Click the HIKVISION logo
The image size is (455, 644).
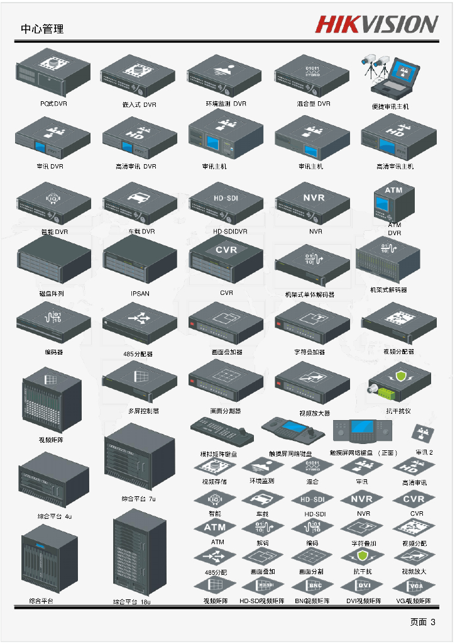click(x=376, y=25)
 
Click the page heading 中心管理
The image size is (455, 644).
click(x=42, y=29)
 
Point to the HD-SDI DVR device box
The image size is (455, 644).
click(x=226, y=203)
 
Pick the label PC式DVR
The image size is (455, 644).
click(x=53, y=104)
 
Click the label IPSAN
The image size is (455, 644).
click(x=140, y=294)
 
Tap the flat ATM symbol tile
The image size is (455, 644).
click(x=216, y=528)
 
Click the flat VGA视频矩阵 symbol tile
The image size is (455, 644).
click(x=414, y=586)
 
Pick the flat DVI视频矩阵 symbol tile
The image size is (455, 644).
click(x=364, y=586)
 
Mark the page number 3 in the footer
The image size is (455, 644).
click(x=433, y=622)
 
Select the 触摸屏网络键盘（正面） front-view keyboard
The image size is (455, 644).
click(x=363, y=433)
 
